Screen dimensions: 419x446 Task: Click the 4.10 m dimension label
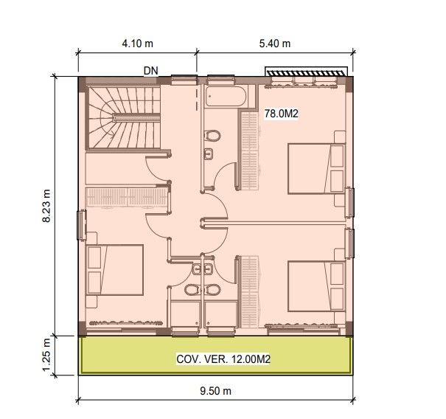137,44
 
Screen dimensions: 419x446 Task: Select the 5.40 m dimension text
275,44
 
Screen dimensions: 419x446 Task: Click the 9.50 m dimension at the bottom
216,390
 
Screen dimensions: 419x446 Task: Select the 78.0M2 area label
281,114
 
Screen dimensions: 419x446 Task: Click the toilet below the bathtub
212,136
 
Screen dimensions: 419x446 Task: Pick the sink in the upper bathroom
209,154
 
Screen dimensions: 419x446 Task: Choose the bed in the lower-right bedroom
316,285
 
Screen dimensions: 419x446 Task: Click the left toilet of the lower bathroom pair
194,288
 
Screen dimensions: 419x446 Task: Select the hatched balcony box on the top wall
306,72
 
